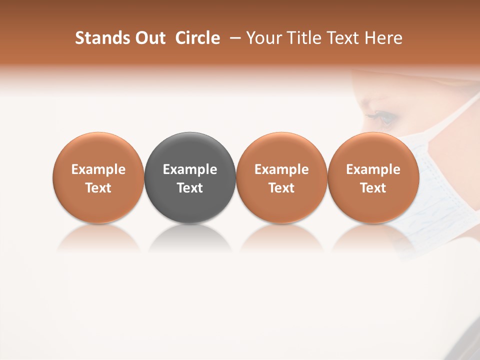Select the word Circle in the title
click(197, 38)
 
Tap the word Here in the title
click(384, 38)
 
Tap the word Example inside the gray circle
click(190, 169)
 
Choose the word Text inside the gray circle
click(190, 188)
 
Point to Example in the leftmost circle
click(98, 169)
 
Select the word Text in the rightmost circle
click(373, 188)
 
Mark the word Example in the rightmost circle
click(373, 169)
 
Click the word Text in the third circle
click(281, 188)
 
